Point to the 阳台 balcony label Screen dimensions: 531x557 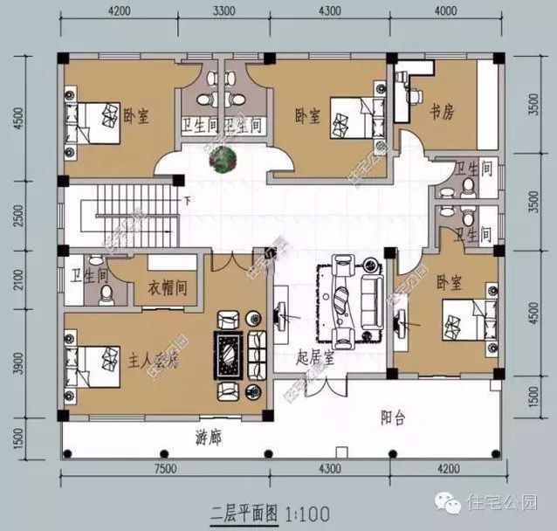(394, 417)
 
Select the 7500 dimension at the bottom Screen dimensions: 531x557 (163, 469)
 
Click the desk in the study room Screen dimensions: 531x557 (405, 96)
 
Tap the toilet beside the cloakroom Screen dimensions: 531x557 (106, 296)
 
